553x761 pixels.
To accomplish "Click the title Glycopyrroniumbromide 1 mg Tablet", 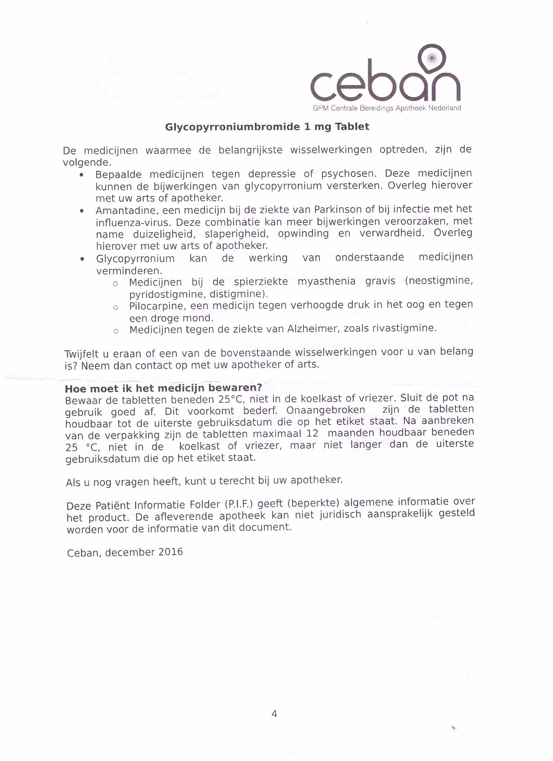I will (x=267, y=127).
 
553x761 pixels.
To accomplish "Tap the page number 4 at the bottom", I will (x=274, y=714).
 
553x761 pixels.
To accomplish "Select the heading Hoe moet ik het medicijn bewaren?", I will (x=163, y=388).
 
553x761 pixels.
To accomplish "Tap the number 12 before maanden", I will (x=312, y=433).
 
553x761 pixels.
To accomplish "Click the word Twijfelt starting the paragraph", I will (x=81, y=354).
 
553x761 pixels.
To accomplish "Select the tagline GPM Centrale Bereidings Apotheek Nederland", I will (x=387, y=108).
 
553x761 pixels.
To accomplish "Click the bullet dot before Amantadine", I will (x=82, y=211).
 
